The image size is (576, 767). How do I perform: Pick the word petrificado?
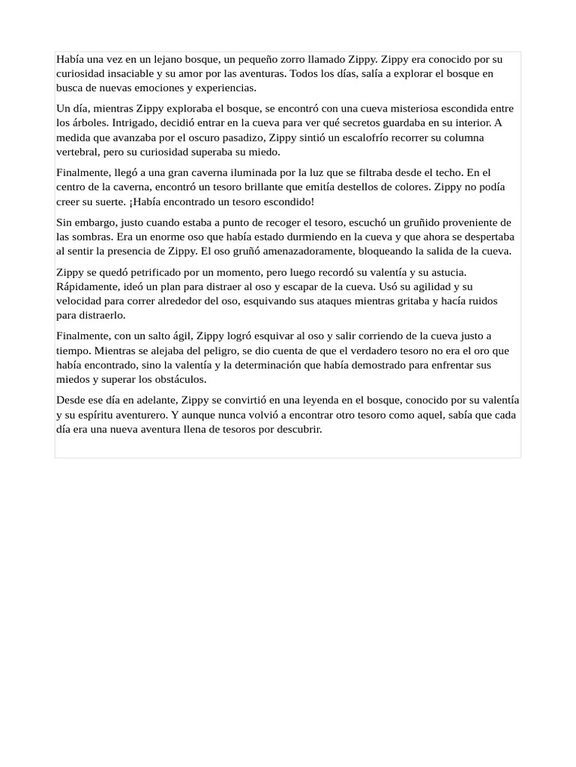click(150, 272)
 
